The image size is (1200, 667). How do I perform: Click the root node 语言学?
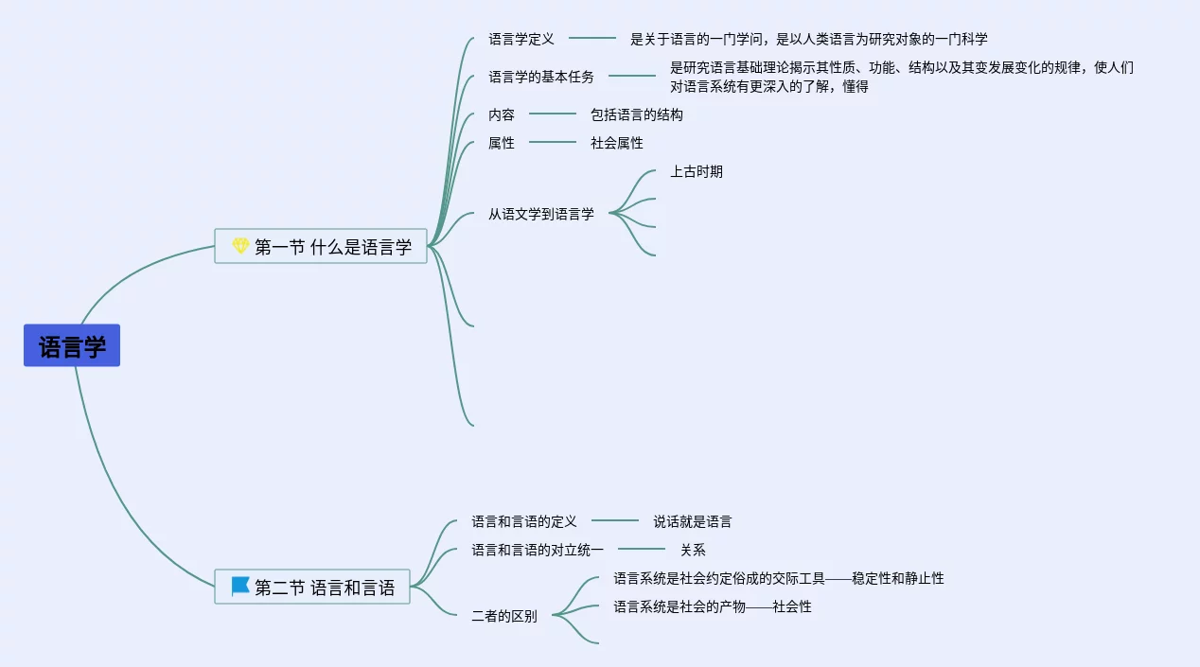pos(72,346)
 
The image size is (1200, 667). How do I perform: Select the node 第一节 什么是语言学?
pos(321,247)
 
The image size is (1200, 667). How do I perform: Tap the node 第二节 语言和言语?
pos(312,588)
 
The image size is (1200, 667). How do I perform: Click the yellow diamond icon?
pos(240,247)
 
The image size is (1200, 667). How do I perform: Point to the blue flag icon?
pos(240,587)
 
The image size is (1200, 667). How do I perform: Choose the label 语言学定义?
pos(521,39)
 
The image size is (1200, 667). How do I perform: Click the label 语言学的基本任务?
pos(541,77)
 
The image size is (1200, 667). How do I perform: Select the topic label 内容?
pos(502,114)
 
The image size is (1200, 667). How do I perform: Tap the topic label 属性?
pos(502,143)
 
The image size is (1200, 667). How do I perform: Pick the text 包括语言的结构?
pos(636,114)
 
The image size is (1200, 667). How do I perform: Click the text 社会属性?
pos(616,143)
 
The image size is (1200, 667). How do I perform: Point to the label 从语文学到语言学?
pos(541,214)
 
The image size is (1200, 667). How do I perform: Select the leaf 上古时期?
pos(696,171)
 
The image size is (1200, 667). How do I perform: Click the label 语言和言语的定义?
pos(524,521)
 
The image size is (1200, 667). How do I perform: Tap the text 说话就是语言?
pos(692,521)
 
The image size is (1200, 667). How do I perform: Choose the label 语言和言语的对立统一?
pos(538,550)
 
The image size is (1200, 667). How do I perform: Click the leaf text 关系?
pos(693,550)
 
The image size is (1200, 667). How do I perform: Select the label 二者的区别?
pos(504,616)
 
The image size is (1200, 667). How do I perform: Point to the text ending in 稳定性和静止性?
pos(778,578)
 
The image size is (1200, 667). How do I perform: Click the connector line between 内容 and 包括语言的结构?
pos(553,114)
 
